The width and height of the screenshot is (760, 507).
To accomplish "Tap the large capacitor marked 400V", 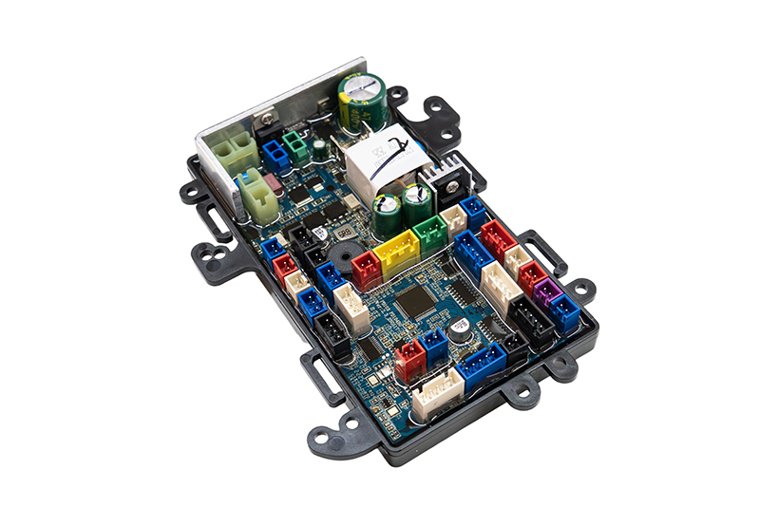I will tap(363, 100).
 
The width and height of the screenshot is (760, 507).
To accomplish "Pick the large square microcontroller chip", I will tap(415, 302).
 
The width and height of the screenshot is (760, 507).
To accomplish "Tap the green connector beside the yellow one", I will tap(430, 234).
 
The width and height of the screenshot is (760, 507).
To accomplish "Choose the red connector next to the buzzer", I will tap(366, 268).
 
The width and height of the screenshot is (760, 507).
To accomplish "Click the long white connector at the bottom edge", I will tap(437, 387).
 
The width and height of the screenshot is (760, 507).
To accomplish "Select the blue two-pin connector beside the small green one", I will tap(275, 153).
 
